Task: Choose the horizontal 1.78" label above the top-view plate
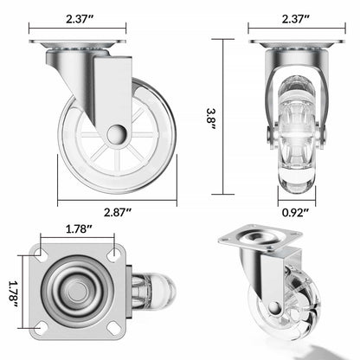coord(80,230)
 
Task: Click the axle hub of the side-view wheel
coord(117,132)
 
